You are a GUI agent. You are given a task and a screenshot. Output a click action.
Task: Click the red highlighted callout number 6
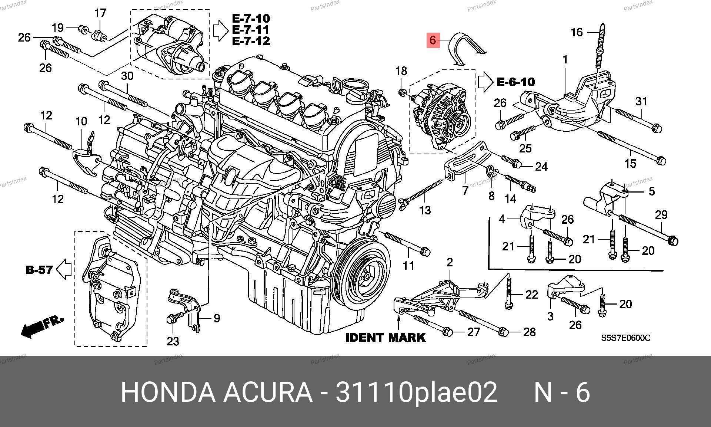433,40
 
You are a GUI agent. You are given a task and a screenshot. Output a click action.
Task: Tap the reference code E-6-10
515,82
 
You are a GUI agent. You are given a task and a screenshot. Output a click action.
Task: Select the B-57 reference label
39,269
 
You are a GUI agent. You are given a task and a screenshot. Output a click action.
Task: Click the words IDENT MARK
385,338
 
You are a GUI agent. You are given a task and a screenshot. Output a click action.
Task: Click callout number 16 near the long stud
577,32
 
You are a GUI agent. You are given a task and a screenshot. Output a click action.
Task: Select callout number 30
127,76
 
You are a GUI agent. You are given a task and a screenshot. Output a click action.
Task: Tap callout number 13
425,210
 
